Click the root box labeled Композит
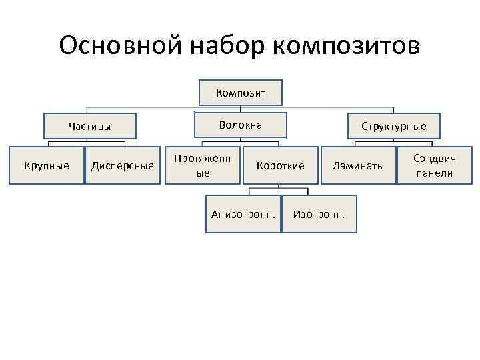coord(241,93)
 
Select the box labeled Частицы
coord(89,126)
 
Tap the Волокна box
coord(241,125)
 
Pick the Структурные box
coord(393,126)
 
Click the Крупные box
coord(47,165)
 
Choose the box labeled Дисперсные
coord(123,165)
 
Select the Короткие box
coord(279,165)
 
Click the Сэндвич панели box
coord(434,165)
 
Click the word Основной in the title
coord(117,47)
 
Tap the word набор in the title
coord(224,47)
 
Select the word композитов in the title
coord(347,47)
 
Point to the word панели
coord(434,173)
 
